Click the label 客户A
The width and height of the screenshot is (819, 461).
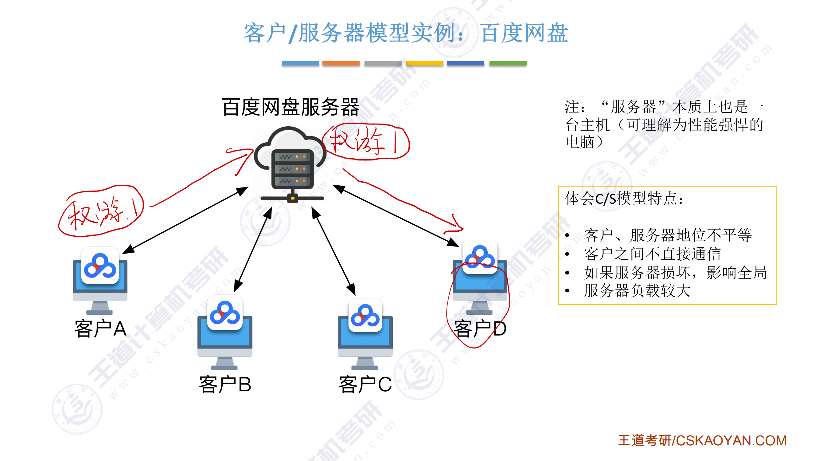point(100,329)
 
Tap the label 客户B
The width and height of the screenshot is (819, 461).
point(225,384)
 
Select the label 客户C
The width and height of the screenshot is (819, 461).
point(365,384)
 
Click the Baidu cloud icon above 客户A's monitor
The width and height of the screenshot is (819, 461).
point(100,266)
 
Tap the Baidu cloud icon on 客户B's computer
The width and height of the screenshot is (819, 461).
point(225,313)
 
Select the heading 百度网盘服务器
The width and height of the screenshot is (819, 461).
point(291,107)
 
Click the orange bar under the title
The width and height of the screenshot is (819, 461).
point(341,63)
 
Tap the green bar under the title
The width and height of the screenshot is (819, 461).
point(508,63)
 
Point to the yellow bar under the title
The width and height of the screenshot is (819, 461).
point(424,63)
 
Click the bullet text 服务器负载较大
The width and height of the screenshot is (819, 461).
point(637,290)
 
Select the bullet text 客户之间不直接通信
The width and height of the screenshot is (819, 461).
point(652,254)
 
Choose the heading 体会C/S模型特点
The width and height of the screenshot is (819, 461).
point(623,199)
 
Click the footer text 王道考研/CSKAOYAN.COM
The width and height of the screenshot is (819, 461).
point(702,441)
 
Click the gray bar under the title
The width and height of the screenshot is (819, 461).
point(383,63)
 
